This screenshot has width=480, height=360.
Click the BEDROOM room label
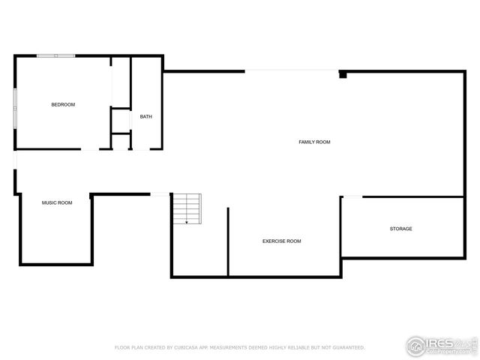tap(63, 104)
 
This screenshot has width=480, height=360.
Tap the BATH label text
tap(145, 116)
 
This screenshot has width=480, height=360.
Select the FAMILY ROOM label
tap(314, 142)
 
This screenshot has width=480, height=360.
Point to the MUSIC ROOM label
tap(57, 202)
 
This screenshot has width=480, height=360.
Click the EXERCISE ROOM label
tap(281, 241)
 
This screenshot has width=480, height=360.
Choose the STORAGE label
tap(400, 228)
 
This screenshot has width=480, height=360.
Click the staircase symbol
tap(187, 208)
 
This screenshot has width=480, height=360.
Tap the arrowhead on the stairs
tap(187, 222)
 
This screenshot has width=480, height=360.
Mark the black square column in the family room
tap(343, 74)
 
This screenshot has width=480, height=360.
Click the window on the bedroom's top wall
tap(56, 55)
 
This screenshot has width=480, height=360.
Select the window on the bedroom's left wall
tap(15, 107)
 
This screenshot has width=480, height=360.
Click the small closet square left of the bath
tap(121, 120)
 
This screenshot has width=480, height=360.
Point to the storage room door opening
tap(352, 197)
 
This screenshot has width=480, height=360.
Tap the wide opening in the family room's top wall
tap(292, 71)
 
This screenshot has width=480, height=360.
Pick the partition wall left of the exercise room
tap(228, 241)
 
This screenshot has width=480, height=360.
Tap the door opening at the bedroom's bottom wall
tap(90, 149)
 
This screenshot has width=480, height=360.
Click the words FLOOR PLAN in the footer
tap(128, 348)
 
